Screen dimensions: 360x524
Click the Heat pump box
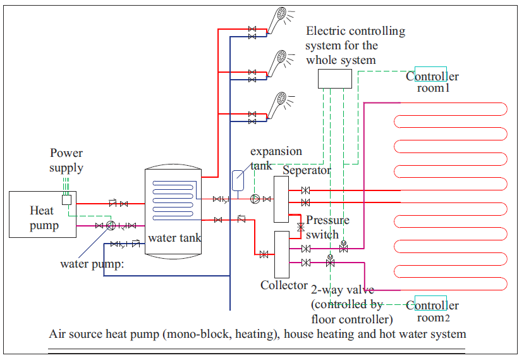[x=42, y=214]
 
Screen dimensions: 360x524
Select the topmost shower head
[x=276, y=21]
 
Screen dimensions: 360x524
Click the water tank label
[x=174, y=239]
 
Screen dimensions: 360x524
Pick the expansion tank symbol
[x=238, y=180]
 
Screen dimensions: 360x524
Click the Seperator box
[x=281, y=199]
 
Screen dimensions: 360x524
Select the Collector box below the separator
[x=281, y=254]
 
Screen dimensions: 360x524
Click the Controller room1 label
[x=432, y=82]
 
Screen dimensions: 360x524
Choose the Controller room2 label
[x=432, y=311]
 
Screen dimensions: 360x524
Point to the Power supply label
[x=66, y=160]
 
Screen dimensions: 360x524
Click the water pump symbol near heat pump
[x=110, y=225]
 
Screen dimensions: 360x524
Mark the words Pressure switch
[x=326, y=227]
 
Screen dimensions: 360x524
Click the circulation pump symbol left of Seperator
[x=255, y=199]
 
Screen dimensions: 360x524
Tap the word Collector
[x=284, y=285]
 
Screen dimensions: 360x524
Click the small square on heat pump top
[x=66, y=199]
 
